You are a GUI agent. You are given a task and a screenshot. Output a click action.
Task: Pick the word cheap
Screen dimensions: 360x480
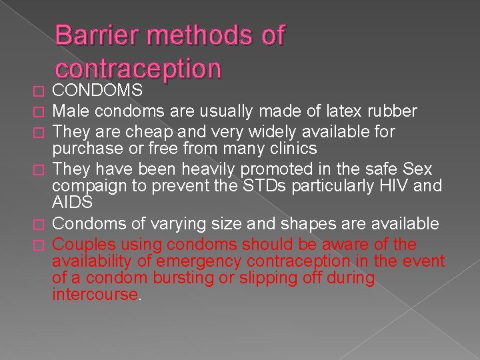145,131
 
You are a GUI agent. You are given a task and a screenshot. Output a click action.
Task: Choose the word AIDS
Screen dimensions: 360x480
73,202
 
